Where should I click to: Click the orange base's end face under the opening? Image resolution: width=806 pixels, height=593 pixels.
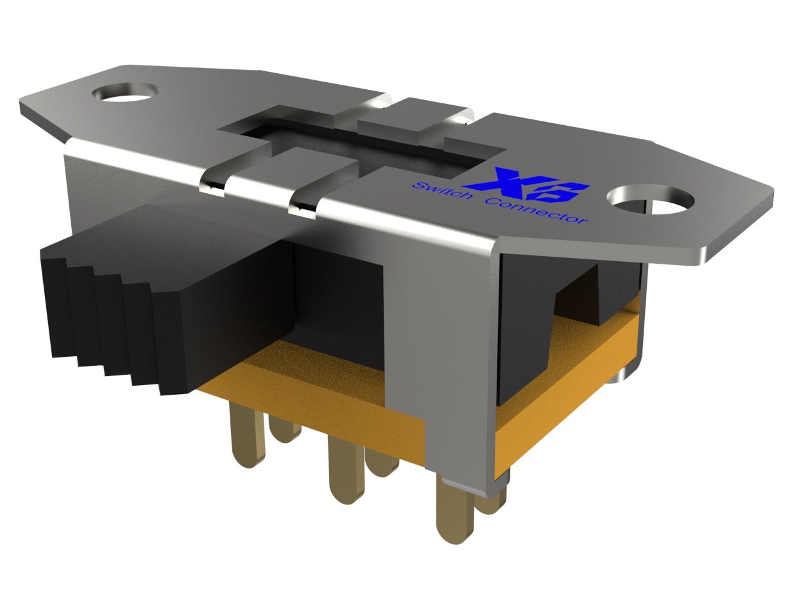[x=565, y=385]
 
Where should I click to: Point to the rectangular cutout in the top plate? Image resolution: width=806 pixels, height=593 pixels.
[x=359, y=144]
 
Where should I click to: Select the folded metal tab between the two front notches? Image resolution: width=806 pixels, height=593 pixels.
[x=257, y=180]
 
